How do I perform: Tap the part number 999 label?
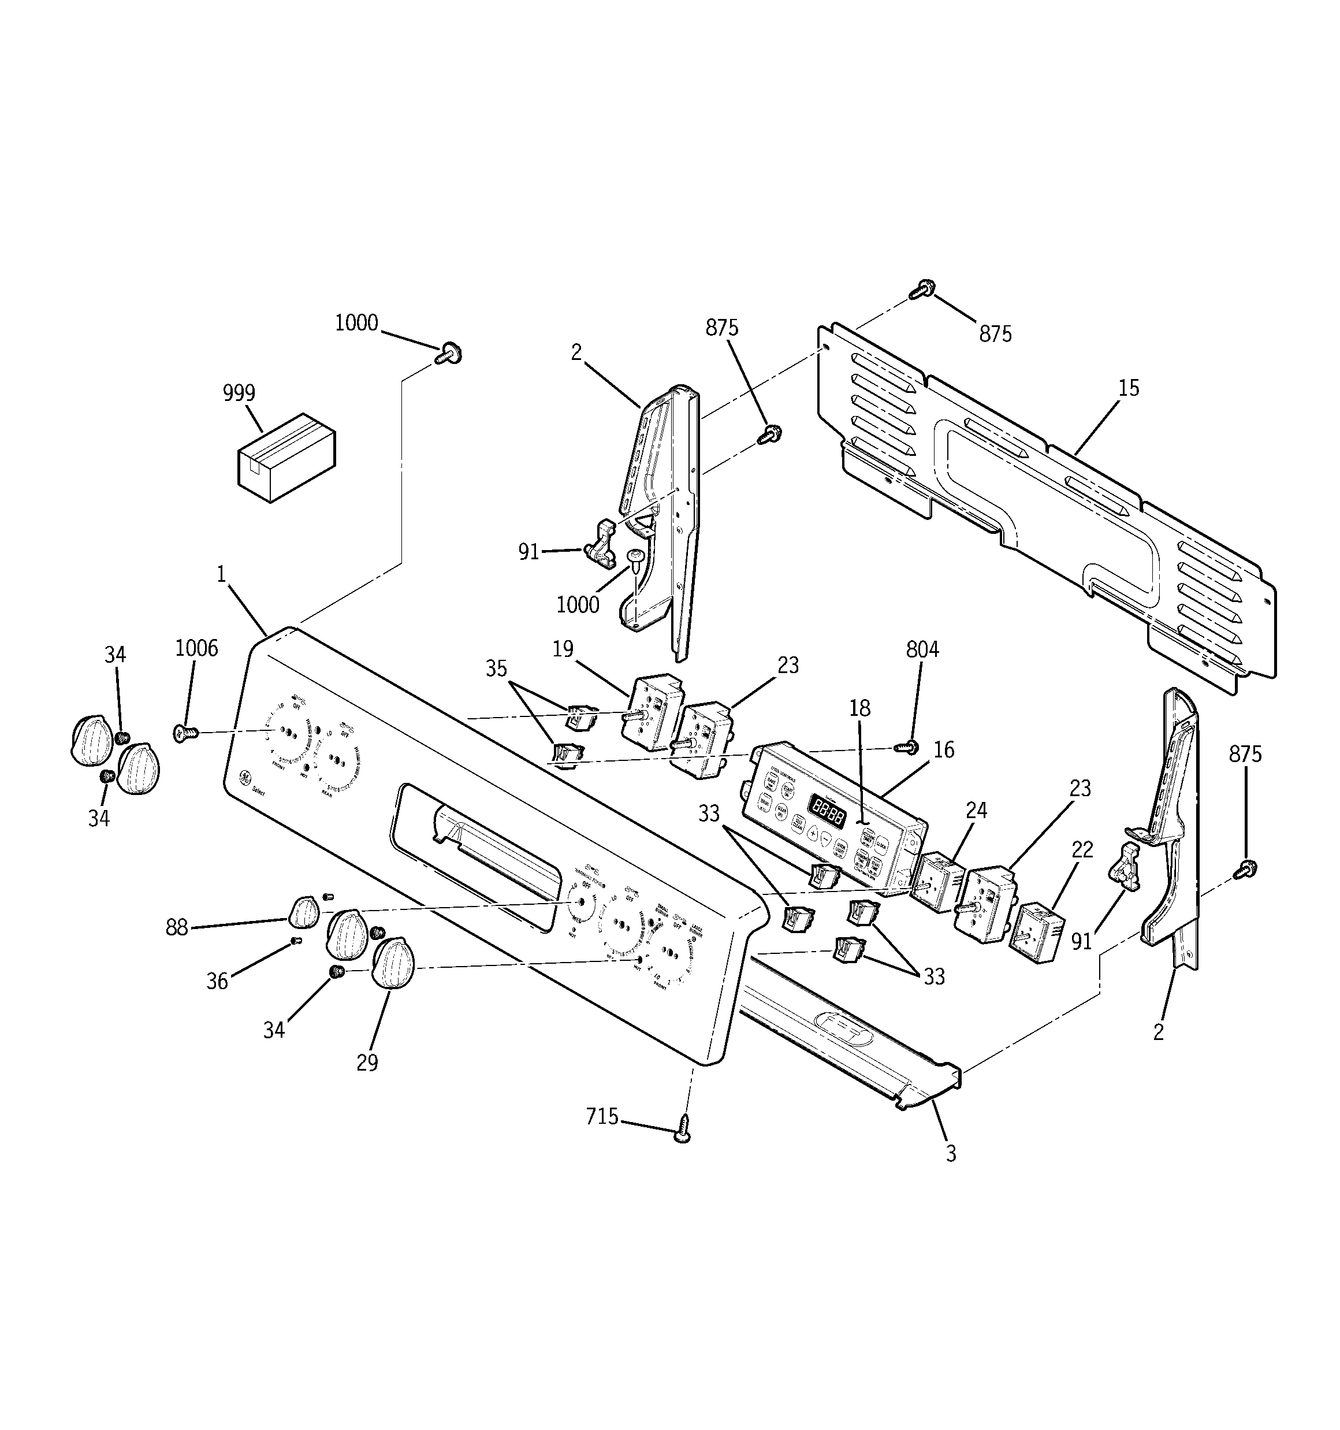pos(239,393)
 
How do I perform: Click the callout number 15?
pos(1129,388)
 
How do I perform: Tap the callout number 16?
pos(944,751)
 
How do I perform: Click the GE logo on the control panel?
pos(245,778)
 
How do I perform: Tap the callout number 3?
pos(951,1154)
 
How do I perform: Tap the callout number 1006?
pos(196,649)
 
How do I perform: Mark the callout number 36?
pos(217,981)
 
